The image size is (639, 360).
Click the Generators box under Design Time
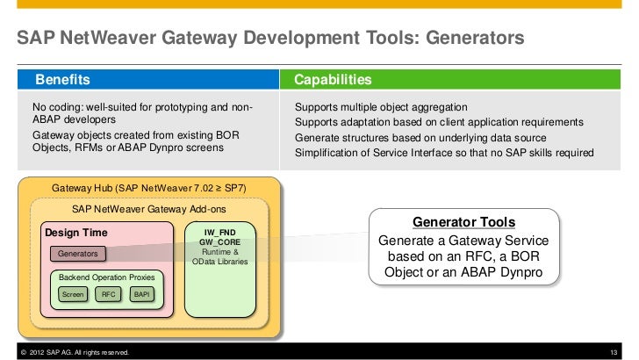pyautogui.click(x=79, y=254)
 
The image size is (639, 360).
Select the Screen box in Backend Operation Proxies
pyautogui.click(x=72, y=294)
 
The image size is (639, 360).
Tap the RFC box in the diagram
pyautogui.click(x=108, y=294)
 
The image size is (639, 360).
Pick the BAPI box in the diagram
pyautogui.click(x=141, y=294)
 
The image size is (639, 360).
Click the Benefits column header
pyautogui.click(x=62, y=81)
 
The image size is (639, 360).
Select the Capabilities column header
pyautogui.click(x=333, y=81)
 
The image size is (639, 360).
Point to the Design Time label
pyautogui.click(x=77, y=233)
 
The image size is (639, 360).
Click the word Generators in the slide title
pyautogui.click(x=467, y=39)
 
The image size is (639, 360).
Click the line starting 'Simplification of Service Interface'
pyautogui.click(x=444, y=153)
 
